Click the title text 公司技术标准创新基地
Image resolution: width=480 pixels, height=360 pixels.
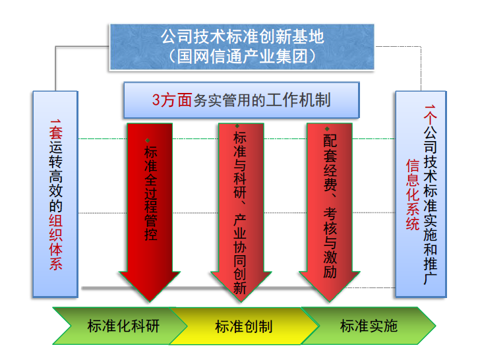[242, 36]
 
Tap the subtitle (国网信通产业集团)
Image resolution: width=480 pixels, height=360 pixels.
[242, 55]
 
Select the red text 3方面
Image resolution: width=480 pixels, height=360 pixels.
[171, 100]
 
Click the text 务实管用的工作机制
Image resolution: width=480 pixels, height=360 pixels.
[262, 100]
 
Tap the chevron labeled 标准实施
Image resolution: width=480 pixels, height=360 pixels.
[369, 326]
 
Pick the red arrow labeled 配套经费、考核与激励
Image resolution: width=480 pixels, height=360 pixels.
[330, 198]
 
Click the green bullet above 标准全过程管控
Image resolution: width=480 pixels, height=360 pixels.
[149, 140]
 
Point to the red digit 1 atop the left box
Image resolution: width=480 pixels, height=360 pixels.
[56, 121]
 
